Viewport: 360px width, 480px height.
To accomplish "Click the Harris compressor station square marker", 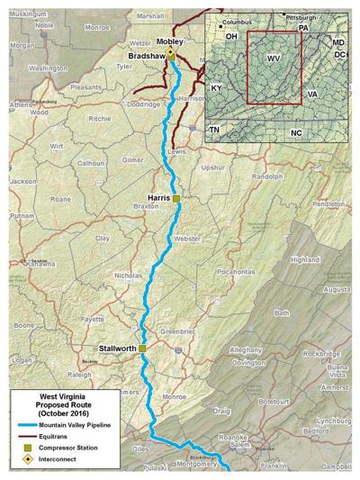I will [177, 197].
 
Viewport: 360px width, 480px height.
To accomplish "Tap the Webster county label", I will [187, 239].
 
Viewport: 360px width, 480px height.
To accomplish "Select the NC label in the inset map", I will [296, 132].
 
